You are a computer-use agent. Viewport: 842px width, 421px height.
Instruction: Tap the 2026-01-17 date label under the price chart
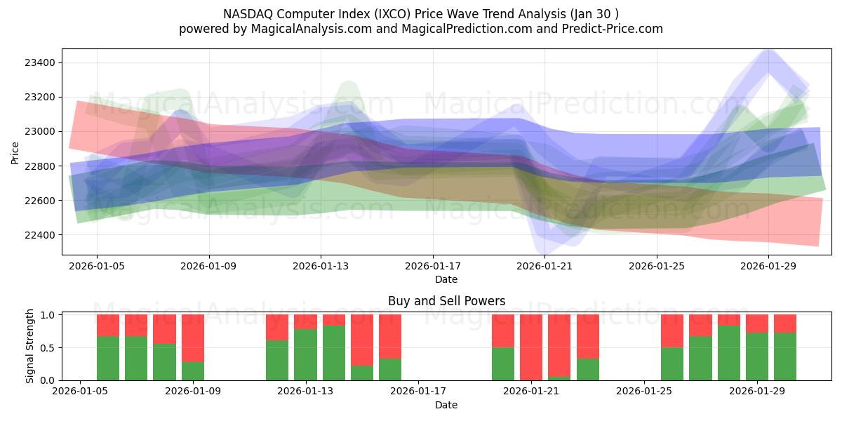pyautogui.click(x=433, y=267)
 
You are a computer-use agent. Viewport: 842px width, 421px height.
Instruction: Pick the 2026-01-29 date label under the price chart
pyautogui.click(x=768, y=267)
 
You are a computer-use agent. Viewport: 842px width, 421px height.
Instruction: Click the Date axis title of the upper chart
pyautogui.click(x=446, y=279)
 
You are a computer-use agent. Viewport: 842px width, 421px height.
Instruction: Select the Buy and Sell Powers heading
pyautogui.click(x=446, y=301)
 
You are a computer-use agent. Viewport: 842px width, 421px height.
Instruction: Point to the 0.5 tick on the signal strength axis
pyautogui.click(x=48, y=348)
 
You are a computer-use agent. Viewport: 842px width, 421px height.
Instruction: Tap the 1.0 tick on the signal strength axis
pyautogui.click(x=48, y=315)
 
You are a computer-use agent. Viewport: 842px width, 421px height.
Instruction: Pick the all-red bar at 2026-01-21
pyautogui.click(x=531, y=347)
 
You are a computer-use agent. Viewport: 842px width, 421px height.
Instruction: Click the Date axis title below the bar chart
pyautogui.click(x=446, y=405)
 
